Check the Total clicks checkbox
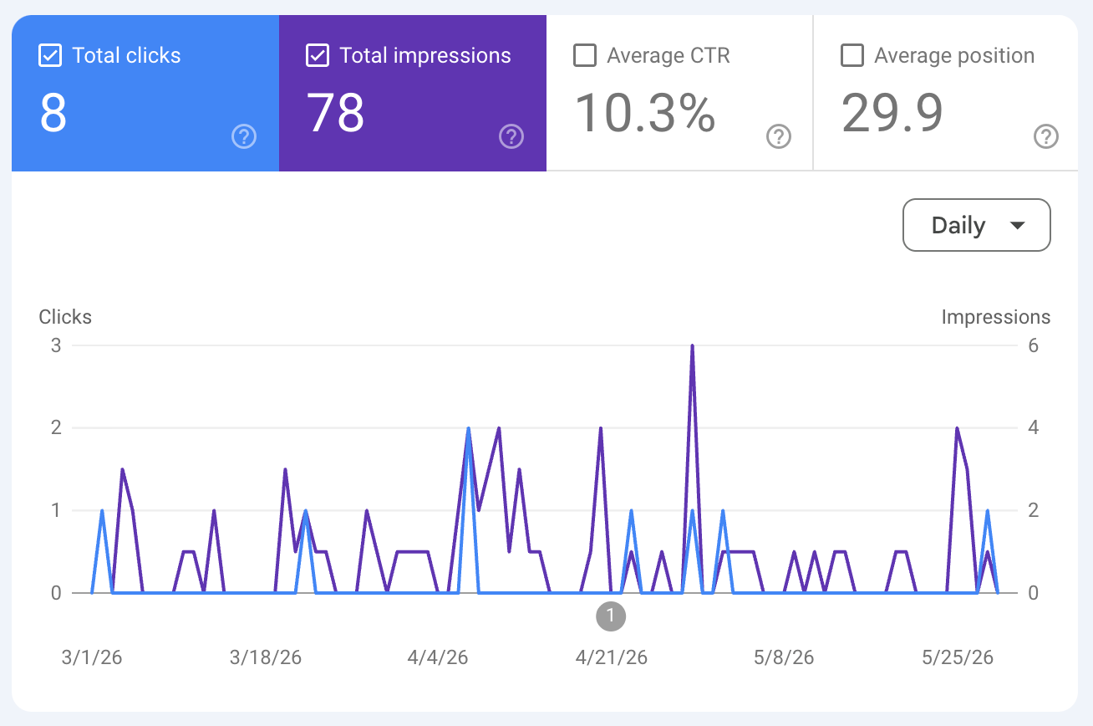point(50,55)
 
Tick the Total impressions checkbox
point(318,55)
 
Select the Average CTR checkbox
point(585,55)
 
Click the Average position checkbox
point(852,55)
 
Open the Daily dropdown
point(976,225)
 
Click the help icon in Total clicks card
point(244,136)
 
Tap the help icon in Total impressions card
point(511,136)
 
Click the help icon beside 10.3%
point(779,136)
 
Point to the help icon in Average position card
point(1046,136)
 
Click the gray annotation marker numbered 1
point(610,616)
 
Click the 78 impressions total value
point(335,113)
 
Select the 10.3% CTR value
point(644,114)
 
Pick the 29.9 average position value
point(892,113)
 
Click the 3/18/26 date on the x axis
point(266,657)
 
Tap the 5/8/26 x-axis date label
point(784,657)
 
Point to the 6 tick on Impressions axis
point(1033,346)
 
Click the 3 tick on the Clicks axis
point(56,346)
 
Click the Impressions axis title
point(996,317)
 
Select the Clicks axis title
point(65,317)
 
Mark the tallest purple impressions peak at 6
point(692,346)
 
